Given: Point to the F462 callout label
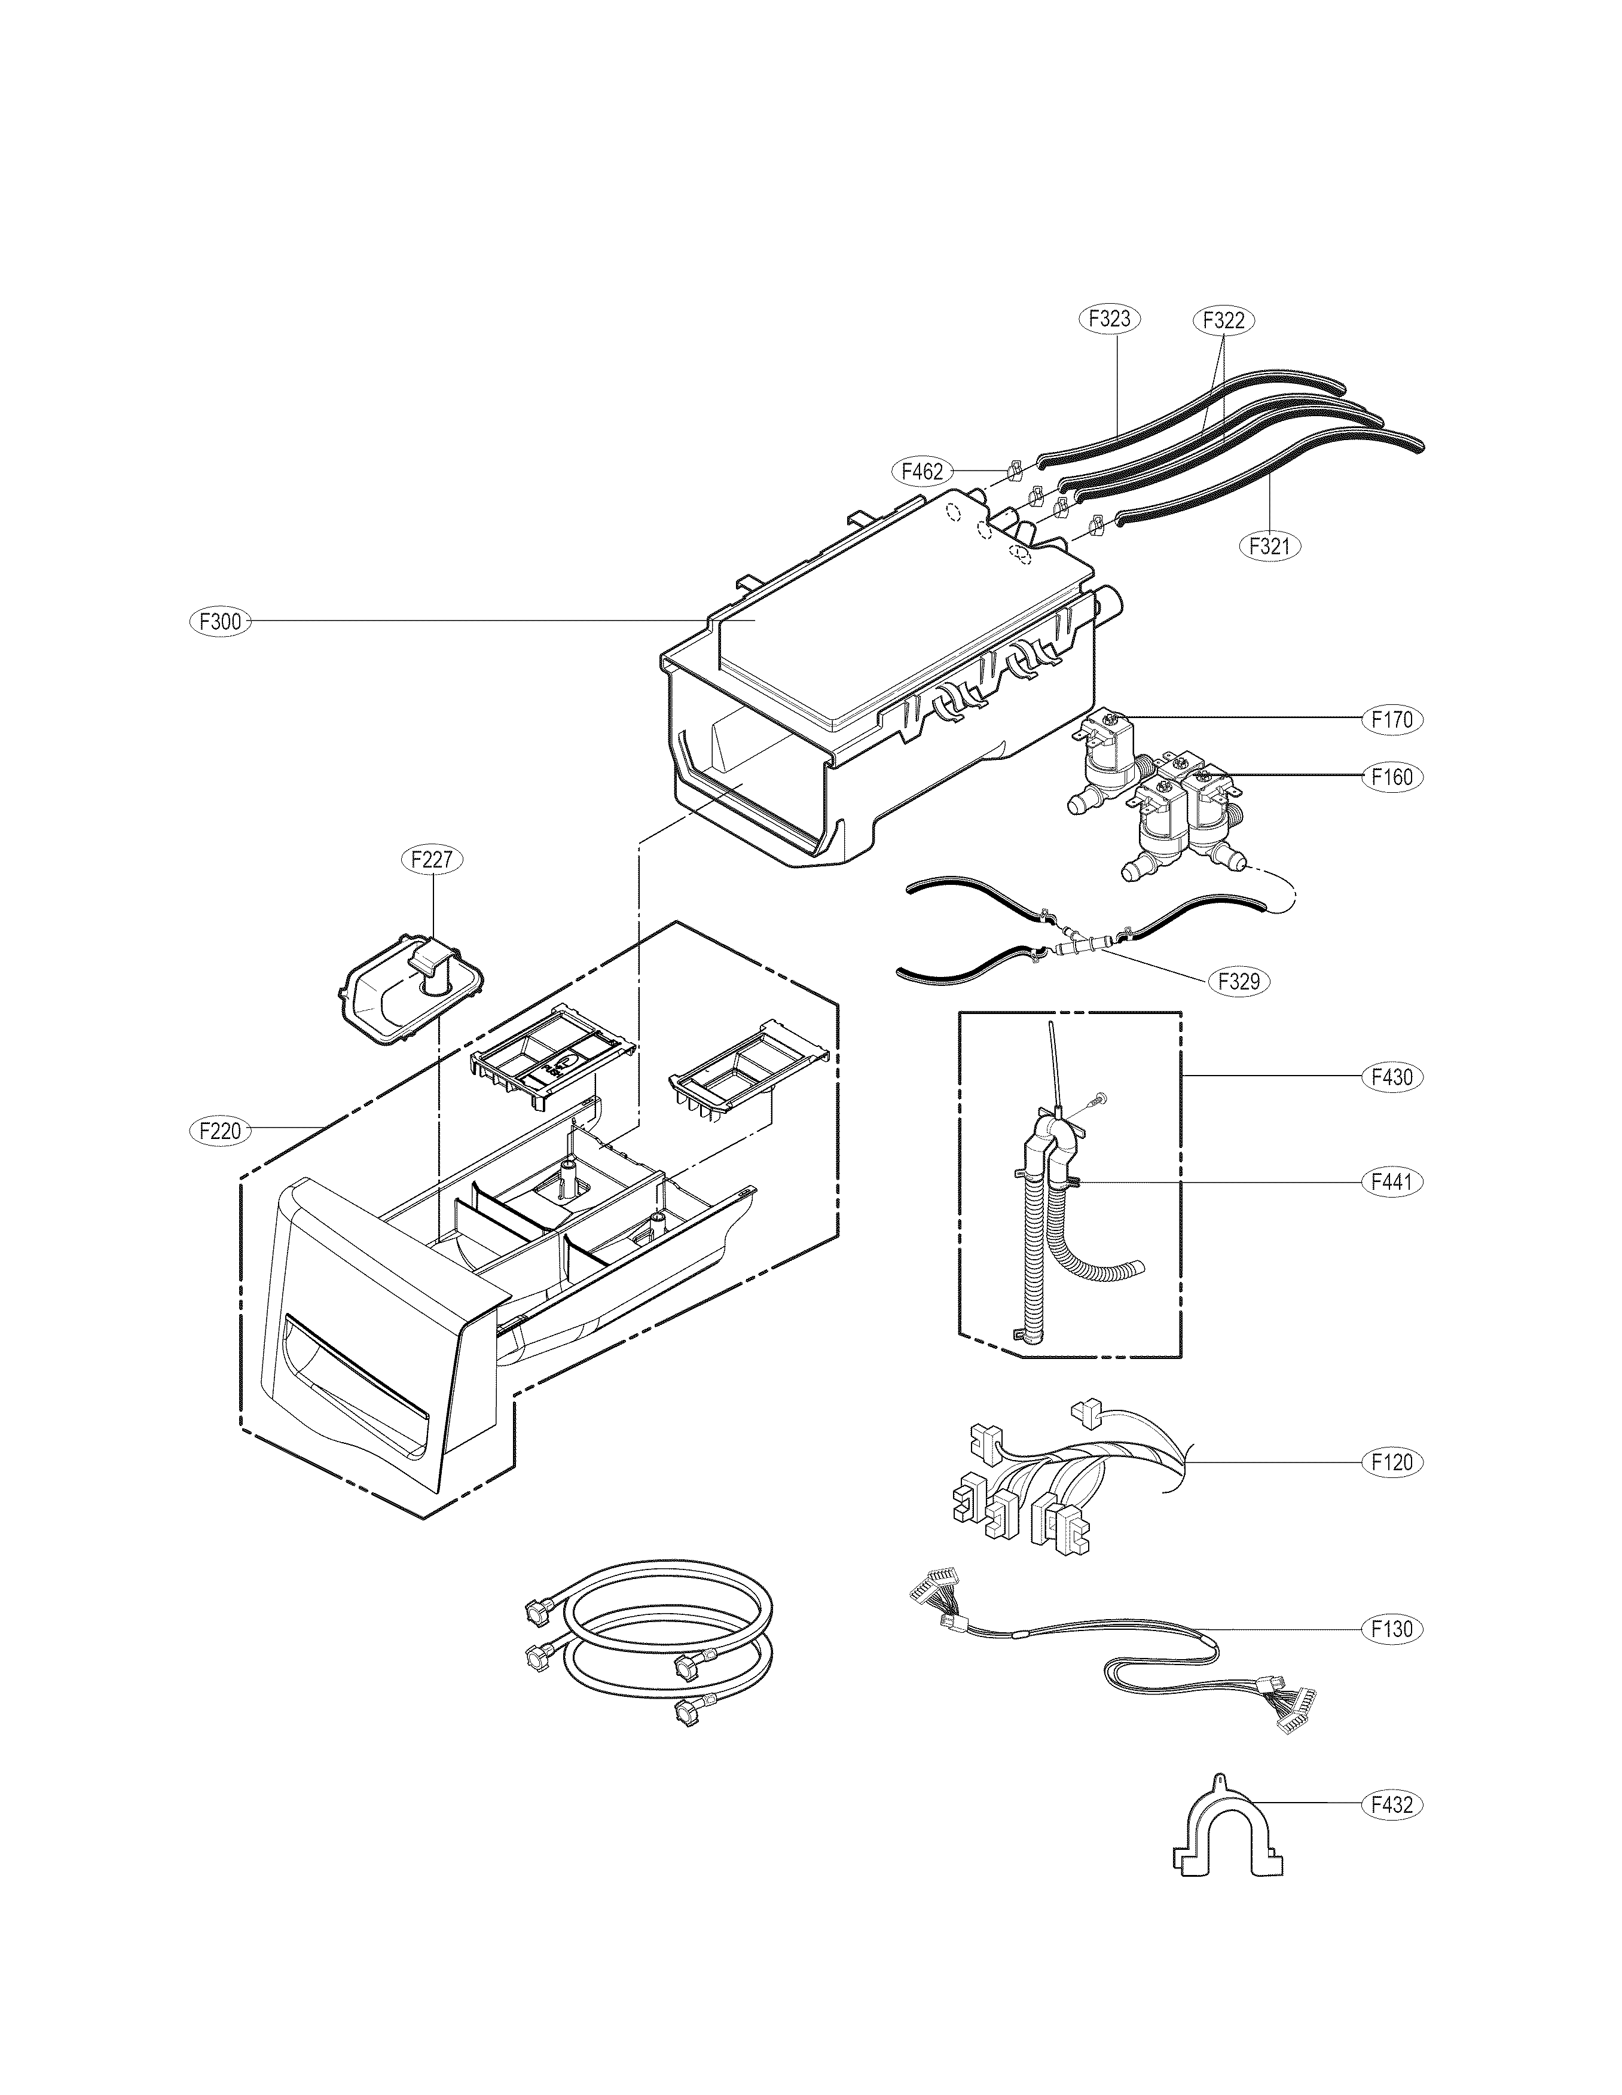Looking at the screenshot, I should coord(923,471).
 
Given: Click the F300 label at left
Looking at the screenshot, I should coord(219,622).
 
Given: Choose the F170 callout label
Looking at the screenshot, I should coord(1392,719).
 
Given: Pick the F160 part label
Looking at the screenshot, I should coord(1392,777).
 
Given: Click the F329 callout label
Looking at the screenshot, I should coord(1238,981).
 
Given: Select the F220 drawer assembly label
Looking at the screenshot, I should coord(219,1132).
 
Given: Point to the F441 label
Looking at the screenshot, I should coord(1392,1183).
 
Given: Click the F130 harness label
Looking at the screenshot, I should coord(1392,1628).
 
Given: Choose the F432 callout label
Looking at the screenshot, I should coord(1392,1805).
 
